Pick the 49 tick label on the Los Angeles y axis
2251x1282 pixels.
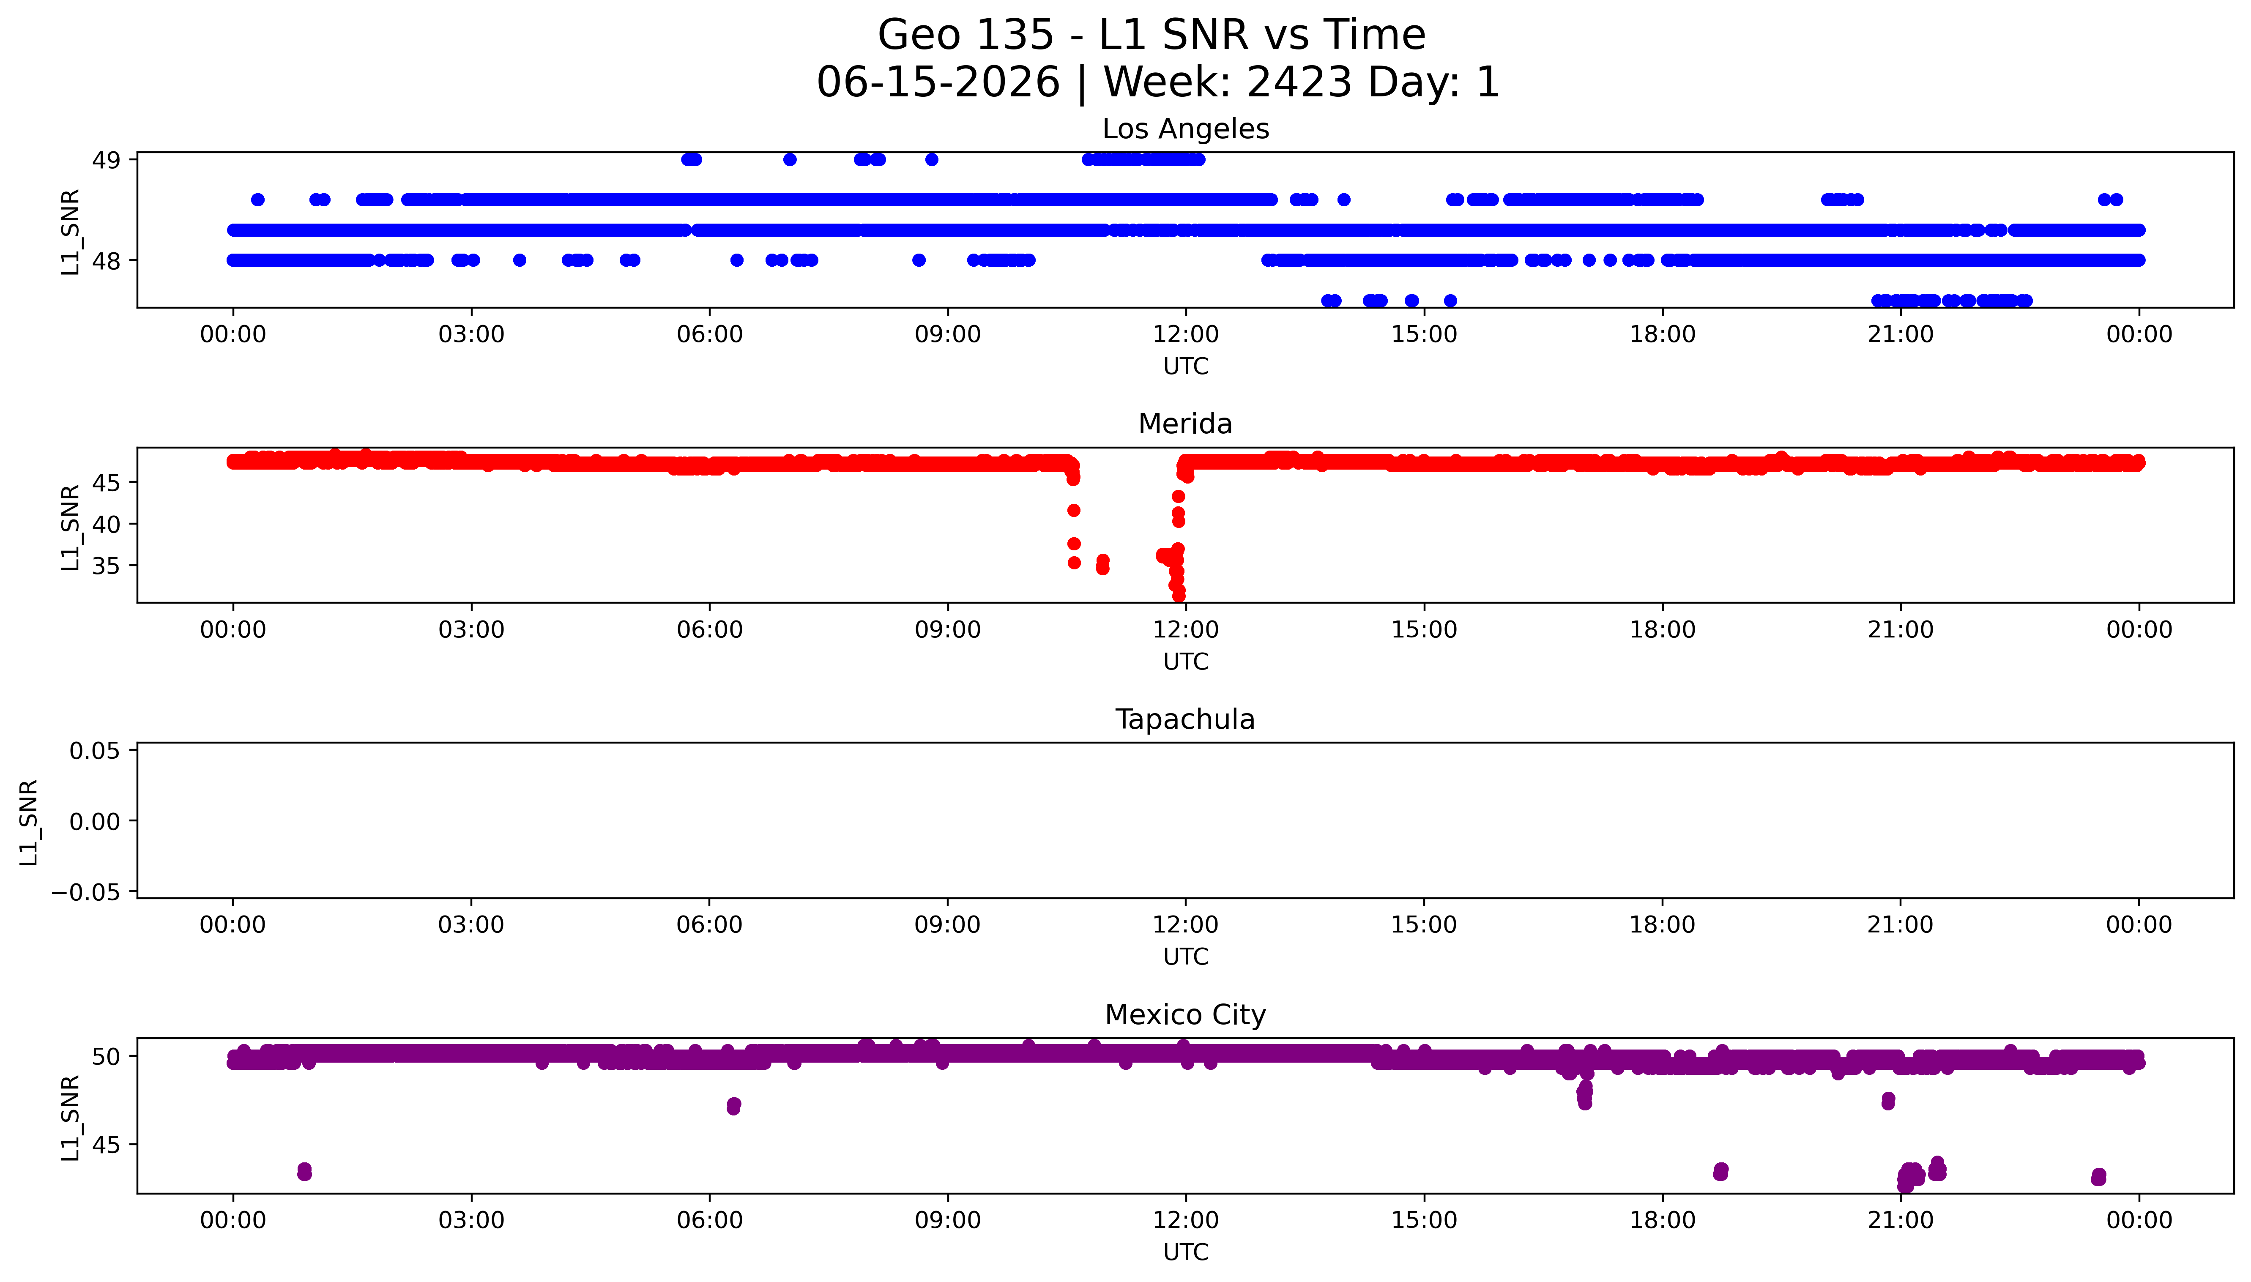107,160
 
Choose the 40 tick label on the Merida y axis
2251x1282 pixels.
107,524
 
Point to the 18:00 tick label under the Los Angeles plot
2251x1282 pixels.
1662,335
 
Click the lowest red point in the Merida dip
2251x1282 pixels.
1179,595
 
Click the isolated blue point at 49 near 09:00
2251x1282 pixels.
931,159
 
